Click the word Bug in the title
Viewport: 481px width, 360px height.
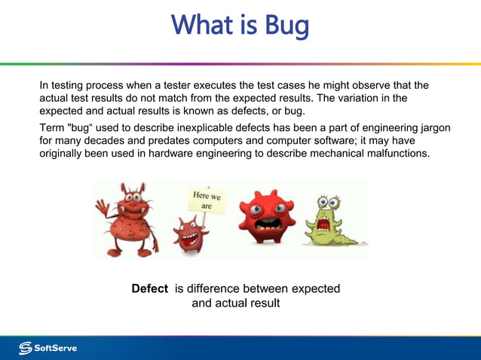[286, 26]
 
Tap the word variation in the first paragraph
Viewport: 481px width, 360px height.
[363, 98]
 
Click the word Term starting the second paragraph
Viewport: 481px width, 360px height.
[53, 128]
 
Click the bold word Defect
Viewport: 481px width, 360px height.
[149, 288]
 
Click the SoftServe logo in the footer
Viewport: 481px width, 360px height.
[48, 348]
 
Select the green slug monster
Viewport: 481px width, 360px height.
[332, 222]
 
